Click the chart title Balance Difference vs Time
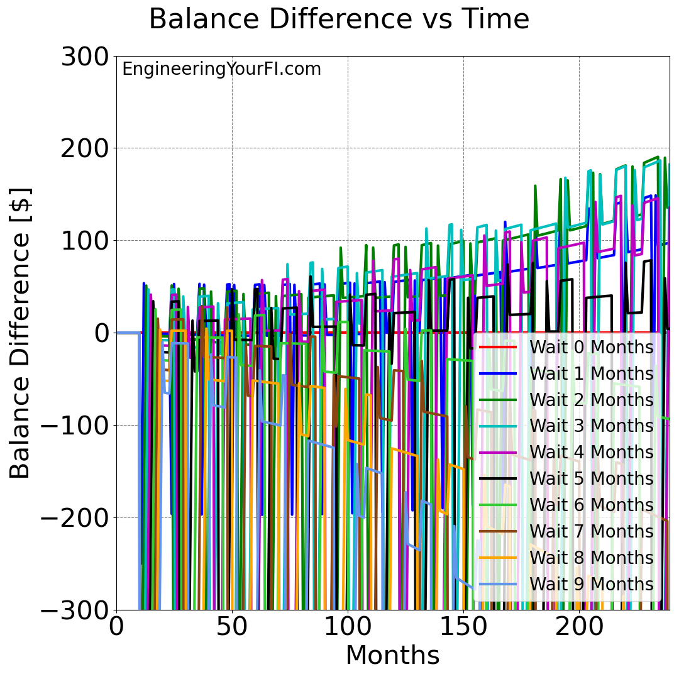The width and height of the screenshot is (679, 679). pyautogui.click(x=339, y=19)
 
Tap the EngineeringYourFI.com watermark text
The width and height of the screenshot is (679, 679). pyautogui.click(x=221, y=69)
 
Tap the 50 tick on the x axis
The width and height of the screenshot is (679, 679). pyautogui.click(x=232, y=627)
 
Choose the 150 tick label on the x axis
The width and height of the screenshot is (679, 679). pyautogui.click(x=463, y=627)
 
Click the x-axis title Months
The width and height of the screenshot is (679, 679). pyautogui.click(x=392, y=656)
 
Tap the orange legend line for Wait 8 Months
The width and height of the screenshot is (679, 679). pyautogui.click(x=498, y=558)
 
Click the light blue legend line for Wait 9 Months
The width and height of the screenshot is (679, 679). pyautogui.click(x=498, y=584)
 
